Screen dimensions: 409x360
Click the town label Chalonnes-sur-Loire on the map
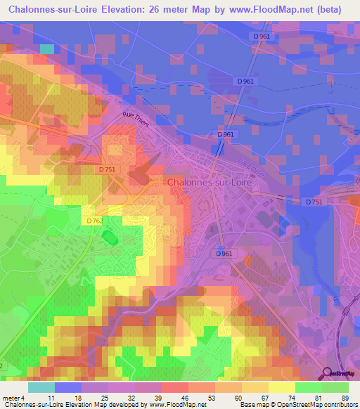(210, 181)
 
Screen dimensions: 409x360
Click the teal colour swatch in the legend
(41, 387)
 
